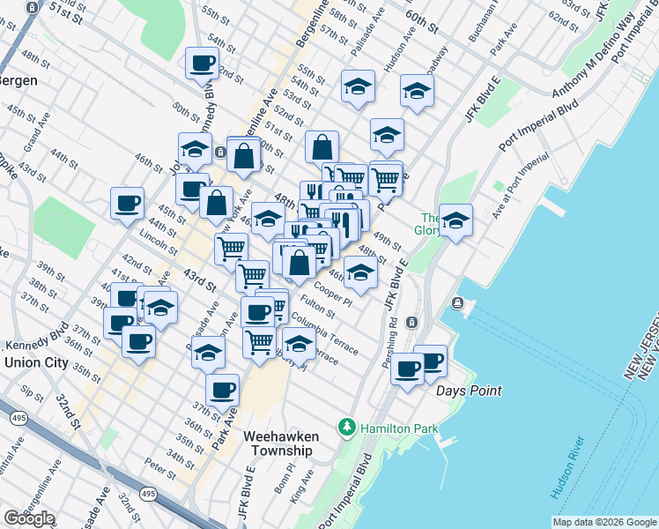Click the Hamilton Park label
tap(394, 427)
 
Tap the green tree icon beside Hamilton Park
tap(348, 428)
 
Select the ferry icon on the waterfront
tap(457, 304)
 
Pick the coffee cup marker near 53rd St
tap(202, 63)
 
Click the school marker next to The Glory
tap(456, 220)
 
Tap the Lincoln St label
tap(159, 240)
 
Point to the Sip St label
tap(32, 391)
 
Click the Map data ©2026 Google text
tap(603, 522)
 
